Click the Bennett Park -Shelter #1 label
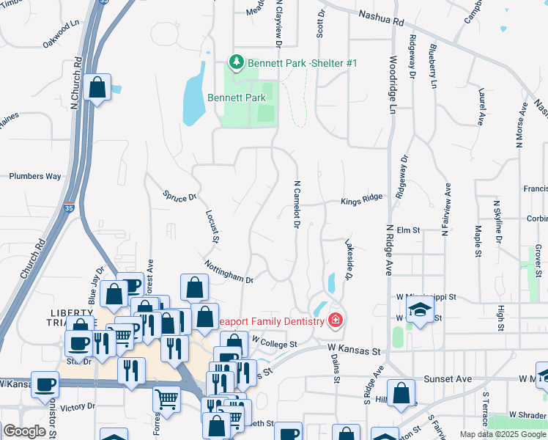302,63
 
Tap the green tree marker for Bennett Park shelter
236,63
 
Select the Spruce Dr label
179,196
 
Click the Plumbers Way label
35,177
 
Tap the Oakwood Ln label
61,34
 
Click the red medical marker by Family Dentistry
336,320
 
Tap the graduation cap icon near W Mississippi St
420,311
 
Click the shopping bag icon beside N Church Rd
97,88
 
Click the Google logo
25,431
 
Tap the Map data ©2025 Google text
502,434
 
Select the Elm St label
408,230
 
